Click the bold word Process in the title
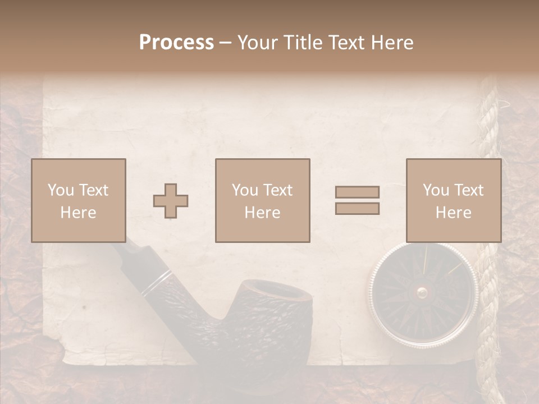click(x=176, y=43)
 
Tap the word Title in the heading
click(x=304, y=43)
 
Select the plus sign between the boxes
click(x=171, y=201)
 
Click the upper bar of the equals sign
click(x=357, y=192)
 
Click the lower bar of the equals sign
click(x=357, y=209)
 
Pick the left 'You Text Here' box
click(x=79, y=200)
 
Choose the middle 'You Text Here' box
click(x=262, y=200)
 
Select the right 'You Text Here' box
click(x=454, y=200)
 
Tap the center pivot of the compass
click(x=422, y=292)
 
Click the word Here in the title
click(x=392, y=43)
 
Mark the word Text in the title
click(x=346, y=43)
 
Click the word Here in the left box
click(x=78, y=213)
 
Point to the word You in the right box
click(x=436, y=190)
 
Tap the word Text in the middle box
click(x=277, y=190)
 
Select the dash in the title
click(x=226, y=43)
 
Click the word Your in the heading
click(x=258, y=43)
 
